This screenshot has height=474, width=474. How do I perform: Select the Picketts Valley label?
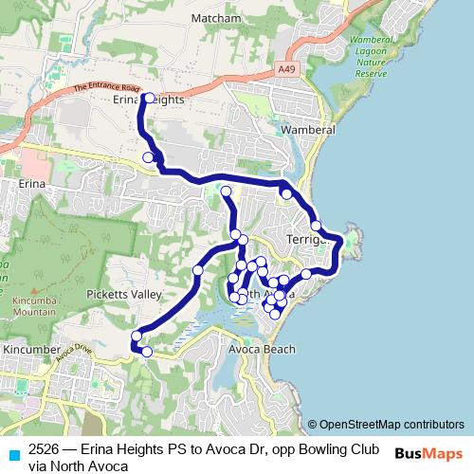[x=124, y=295]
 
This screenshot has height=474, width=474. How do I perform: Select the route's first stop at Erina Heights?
[x=149, y=97]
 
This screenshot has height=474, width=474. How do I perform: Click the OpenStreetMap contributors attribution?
[x=386, y=425]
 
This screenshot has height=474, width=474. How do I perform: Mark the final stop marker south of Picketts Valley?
[x=147, y=352]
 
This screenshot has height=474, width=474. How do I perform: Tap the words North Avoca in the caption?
[x=89, y=465]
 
